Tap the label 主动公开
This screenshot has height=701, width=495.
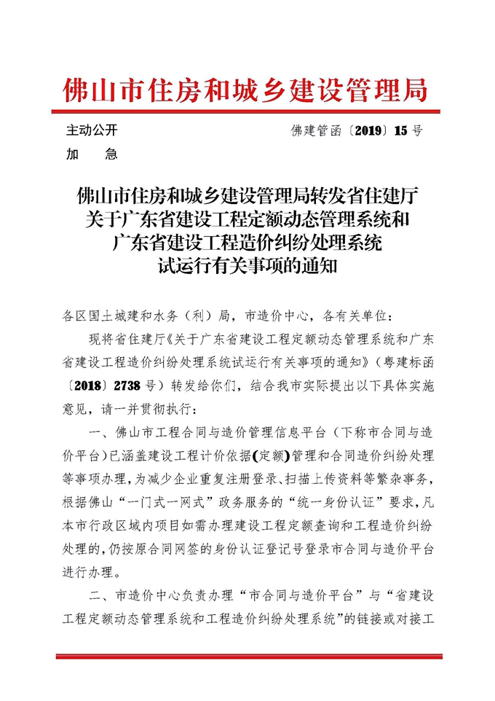91,130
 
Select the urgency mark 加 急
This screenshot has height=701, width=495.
91,154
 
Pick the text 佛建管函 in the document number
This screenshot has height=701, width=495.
319,131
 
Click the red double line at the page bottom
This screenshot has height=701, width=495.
247,657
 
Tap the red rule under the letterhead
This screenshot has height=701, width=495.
247,111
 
